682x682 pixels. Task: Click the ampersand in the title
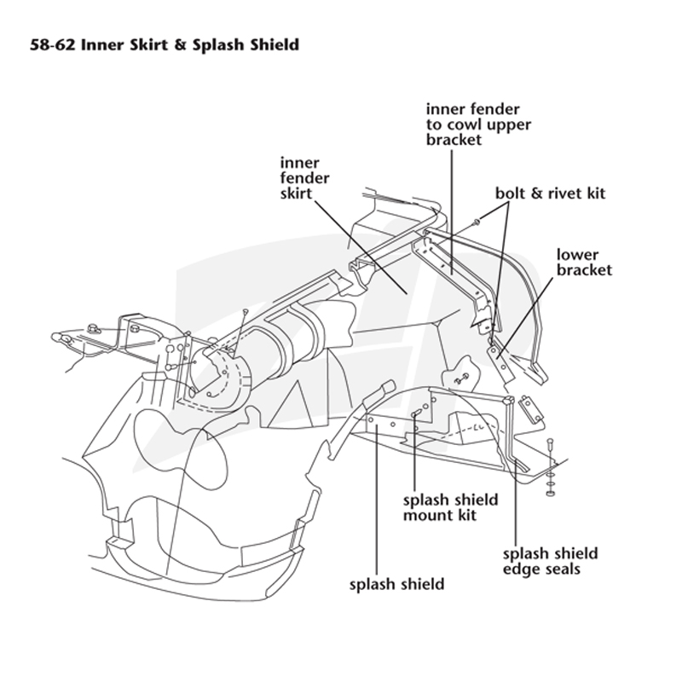(x=180, y=45)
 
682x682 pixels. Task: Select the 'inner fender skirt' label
(x=304, y=178)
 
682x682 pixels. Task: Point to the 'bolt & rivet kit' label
(x=550, y=194)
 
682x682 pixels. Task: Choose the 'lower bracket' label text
(x=584, y=263)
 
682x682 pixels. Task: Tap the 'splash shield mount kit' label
(x=451, y=507)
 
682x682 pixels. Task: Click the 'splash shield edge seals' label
(x=550, y=561)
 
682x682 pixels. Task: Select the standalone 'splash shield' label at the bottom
(x=396, y=584)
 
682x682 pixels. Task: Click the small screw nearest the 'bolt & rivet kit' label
(x=477, y=223)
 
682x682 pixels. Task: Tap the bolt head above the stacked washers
(x=550, y=441)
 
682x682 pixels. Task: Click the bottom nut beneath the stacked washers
(x=550, y=494)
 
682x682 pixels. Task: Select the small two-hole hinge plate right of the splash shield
(x=531, y=409)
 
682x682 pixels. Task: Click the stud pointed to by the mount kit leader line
(x=416, y=413)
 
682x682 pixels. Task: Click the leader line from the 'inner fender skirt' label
(x=361, y=247)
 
